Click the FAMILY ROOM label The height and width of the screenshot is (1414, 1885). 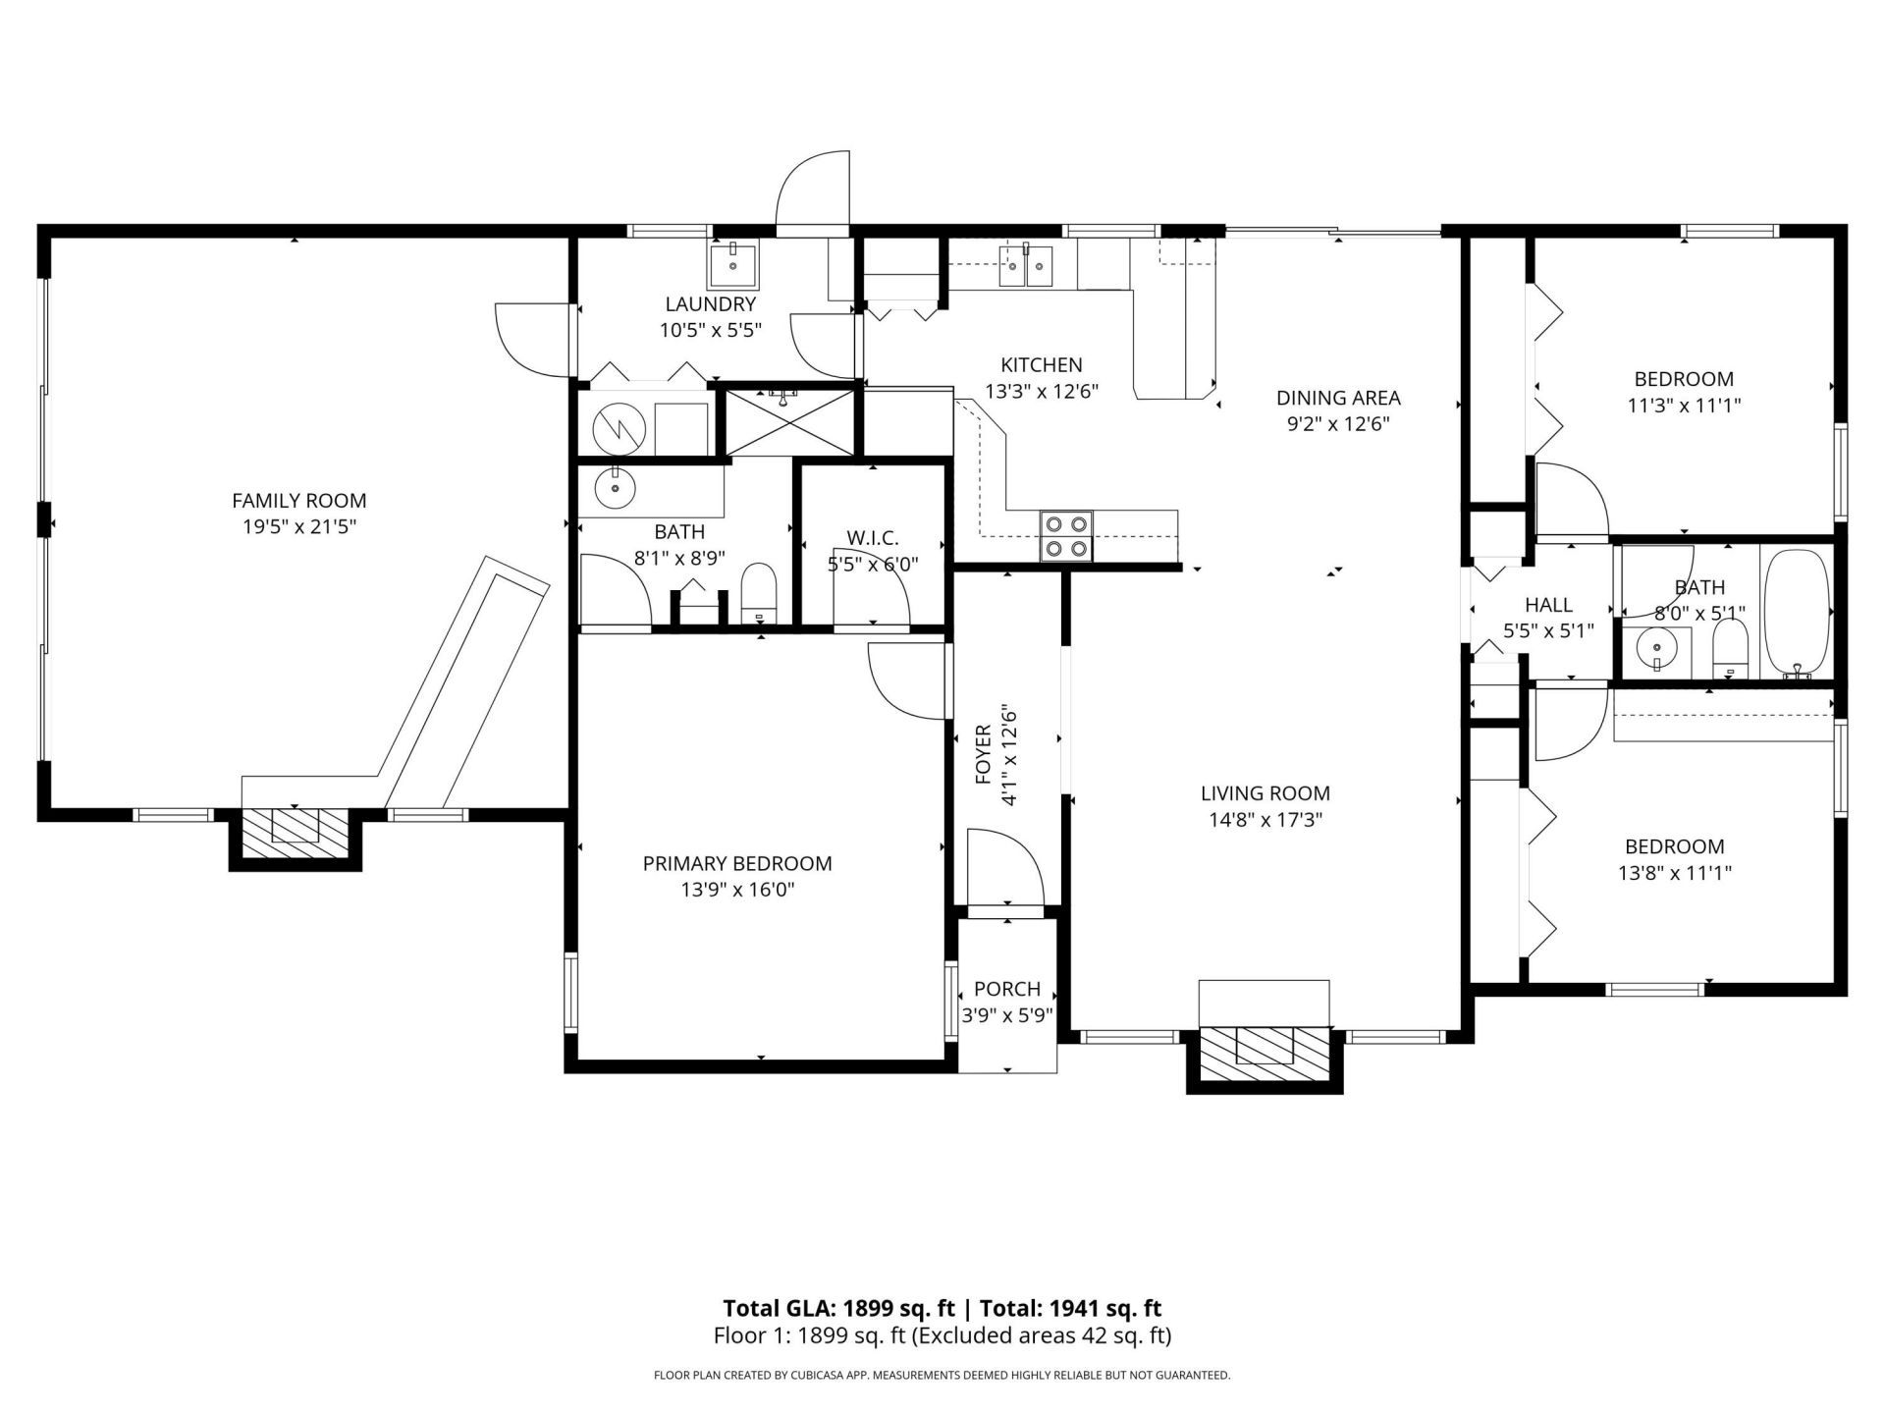tap(298, 501)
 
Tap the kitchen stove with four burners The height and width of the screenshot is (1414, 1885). tap(1067, 536)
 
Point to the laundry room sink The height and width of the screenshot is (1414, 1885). tap(732, 262)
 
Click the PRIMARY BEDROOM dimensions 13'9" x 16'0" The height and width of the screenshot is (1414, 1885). tap(737, 891)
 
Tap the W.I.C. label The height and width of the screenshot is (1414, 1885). tap(872, 538)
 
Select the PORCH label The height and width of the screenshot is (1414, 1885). tap(1007, 989)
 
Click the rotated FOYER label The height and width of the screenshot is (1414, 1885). tap(984, 755)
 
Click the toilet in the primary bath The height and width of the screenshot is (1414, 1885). tap(758, 592)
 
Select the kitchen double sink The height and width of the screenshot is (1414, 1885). tap(1025, 265)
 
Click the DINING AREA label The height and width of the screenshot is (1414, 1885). tap(1337, 398)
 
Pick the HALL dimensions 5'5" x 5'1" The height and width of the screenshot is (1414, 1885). tap(1548, 630)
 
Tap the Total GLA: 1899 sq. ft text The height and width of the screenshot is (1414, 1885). tap(838, 1308)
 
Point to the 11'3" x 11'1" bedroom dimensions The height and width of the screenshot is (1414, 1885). tap(1684, 405)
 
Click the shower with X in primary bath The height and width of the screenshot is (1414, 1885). tap(789, 422)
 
